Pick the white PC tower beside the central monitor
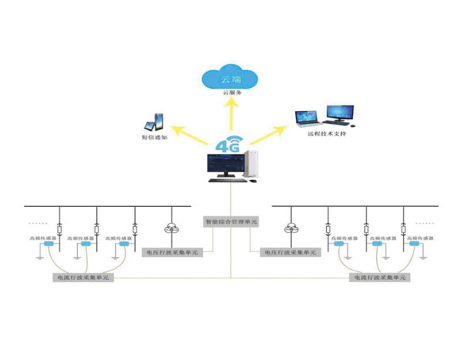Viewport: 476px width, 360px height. tap(251, 165)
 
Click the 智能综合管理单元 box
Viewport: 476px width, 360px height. tap(231, 223)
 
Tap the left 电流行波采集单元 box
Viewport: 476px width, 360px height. tap(83, 278)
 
